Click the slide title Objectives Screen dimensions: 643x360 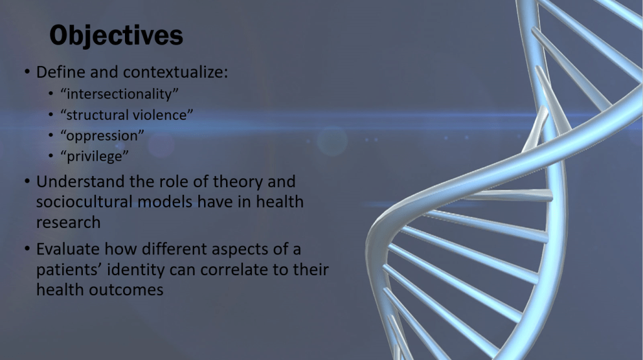point(116,36)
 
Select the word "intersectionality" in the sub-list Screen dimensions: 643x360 point(119,94)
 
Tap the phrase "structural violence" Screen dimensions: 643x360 point(127,115)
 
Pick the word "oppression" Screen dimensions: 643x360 point(102,136)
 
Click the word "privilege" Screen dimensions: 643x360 point(94,156)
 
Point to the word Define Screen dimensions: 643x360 point(61,72)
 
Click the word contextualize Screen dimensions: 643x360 point(175,72)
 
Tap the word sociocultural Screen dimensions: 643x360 point(84,202)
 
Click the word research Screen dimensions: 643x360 point(68,222)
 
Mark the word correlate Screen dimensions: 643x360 point(244,270)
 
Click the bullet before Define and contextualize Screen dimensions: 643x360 point(27,72)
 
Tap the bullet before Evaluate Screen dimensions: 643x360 point(27,249)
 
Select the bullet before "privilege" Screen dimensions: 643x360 point(51,156)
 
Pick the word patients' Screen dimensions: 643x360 point(69,270)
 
